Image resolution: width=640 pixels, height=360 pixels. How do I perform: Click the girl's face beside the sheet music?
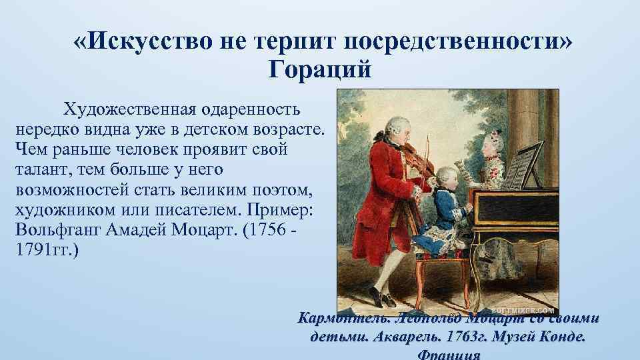point(485,147)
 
